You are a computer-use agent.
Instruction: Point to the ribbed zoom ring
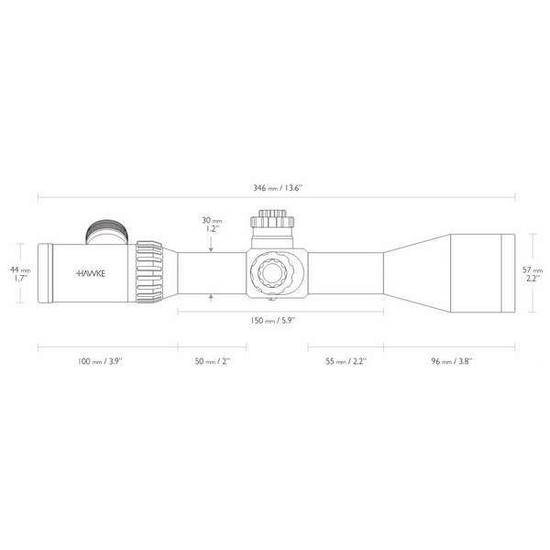[150, 271]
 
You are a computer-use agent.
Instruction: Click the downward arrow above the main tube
[212, 248]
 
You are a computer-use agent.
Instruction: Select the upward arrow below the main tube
[212, 296]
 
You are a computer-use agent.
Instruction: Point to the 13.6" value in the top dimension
[294, 187]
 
